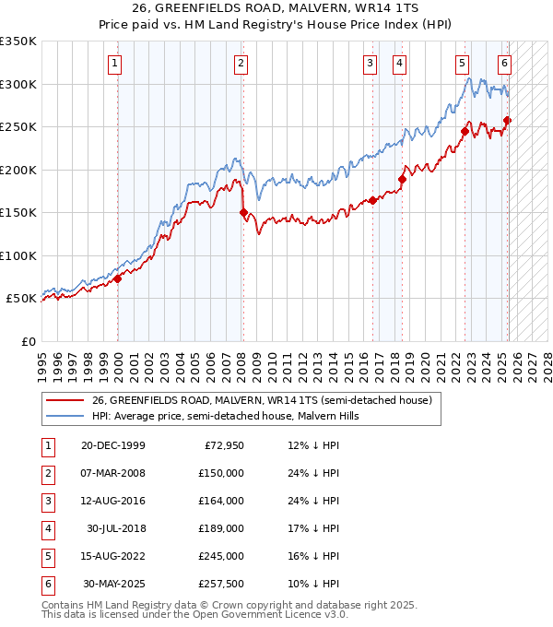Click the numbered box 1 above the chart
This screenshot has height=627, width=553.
[113, 64]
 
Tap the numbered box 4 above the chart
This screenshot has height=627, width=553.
[399, 64]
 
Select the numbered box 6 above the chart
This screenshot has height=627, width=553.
[504, 64]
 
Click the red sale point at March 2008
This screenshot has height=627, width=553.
[243, 213]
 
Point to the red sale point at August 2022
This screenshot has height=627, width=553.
[464, 132]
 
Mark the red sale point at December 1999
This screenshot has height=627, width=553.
[118, 278]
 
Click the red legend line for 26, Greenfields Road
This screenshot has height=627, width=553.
[65, 400]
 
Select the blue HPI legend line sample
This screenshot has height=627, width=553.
[65, 416]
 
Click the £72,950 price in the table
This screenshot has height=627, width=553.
[224, 445]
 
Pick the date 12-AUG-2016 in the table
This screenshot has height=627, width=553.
[113, 501]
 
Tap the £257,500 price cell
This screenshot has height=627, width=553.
[221, 584]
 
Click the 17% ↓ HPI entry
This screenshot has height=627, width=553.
[313, 528]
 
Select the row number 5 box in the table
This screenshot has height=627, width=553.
[46, 556]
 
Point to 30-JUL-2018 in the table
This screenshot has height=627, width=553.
[115, 528]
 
